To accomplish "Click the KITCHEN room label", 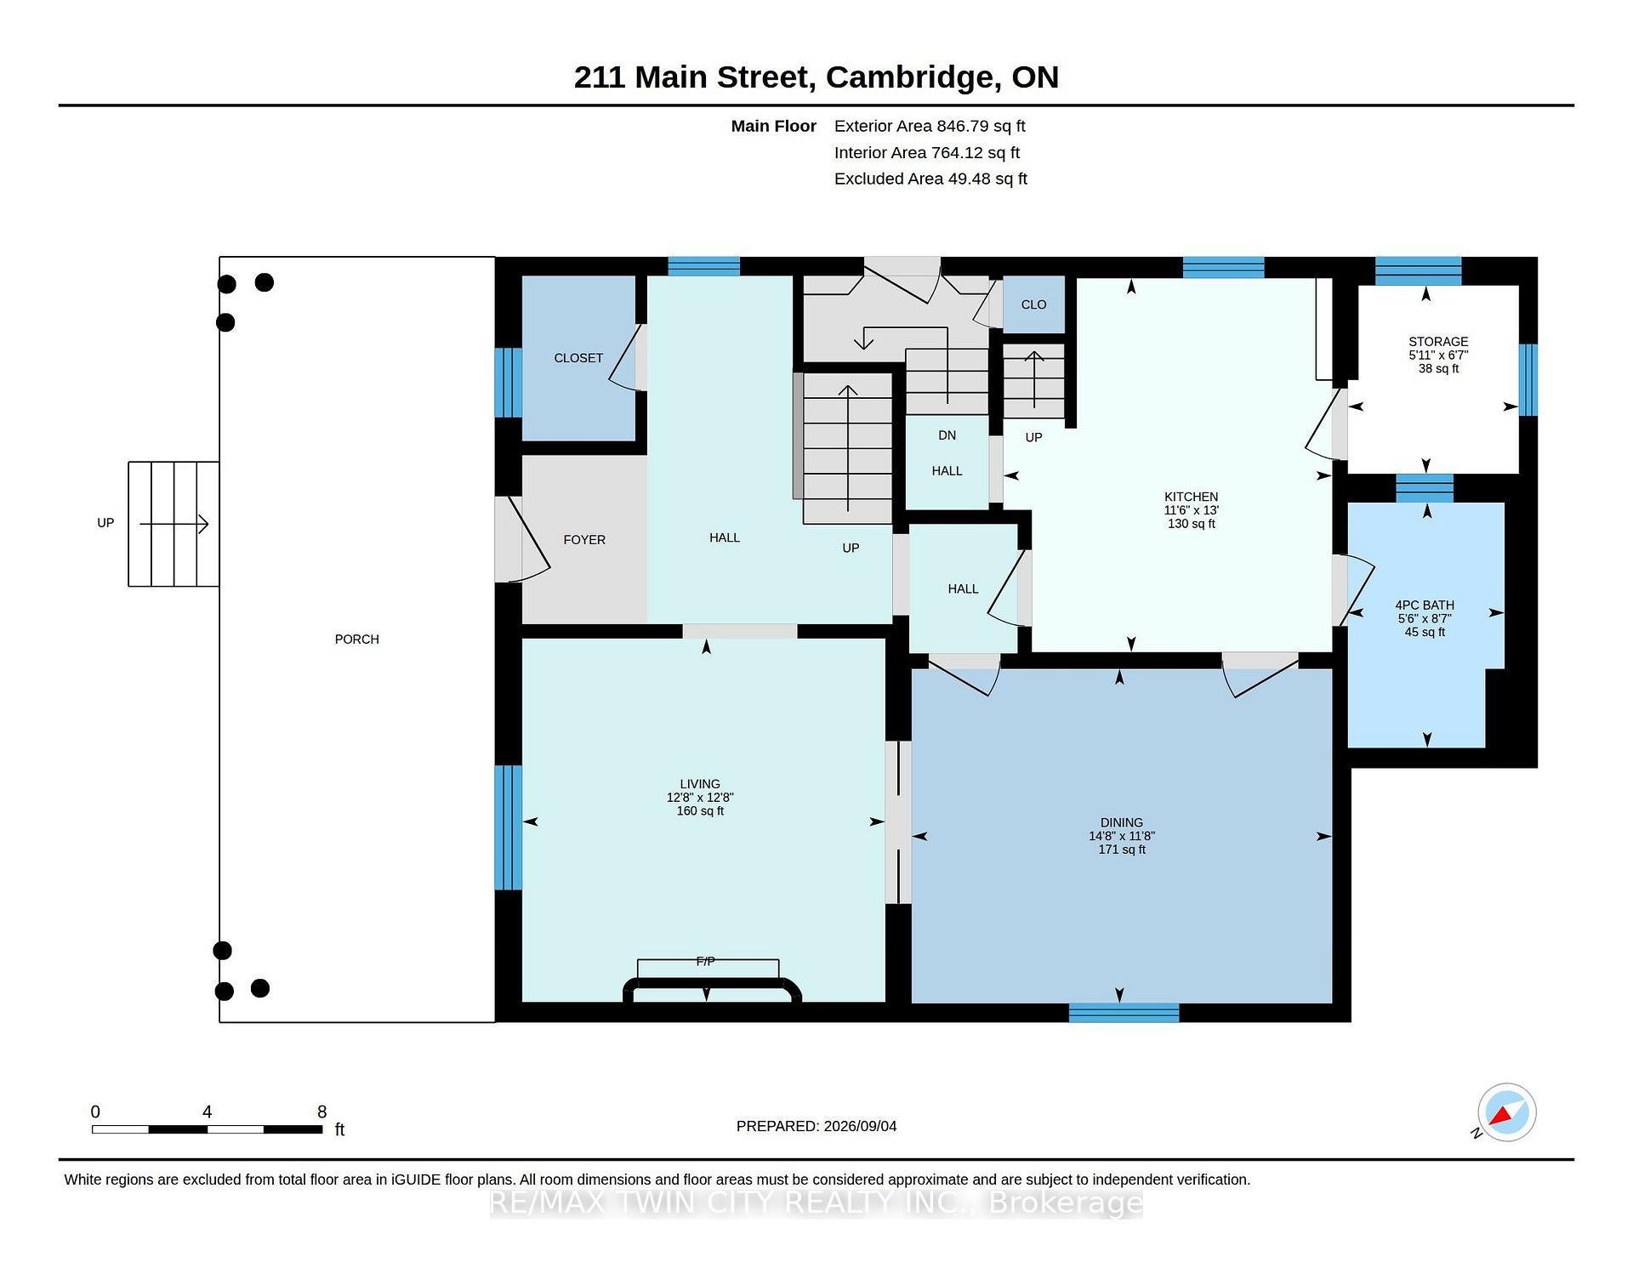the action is [1191, 497].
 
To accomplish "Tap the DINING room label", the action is [1121, 822].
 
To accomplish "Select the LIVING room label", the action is [700, 784].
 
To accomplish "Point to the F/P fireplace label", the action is [705, 961].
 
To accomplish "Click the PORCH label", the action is [356, 640].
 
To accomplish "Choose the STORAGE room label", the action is [1438, 342].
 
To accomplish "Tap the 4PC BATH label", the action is [1425, 605].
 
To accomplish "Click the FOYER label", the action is [584, 540].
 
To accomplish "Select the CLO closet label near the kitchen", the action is [1033, 304].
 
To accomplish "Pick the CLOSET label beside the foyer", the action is [578, 358].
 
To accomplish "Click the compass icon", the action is [1506, 1112].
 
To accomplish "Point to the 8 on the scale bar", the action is [321, 1111].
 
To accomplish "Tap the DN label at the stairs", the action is [947, 435].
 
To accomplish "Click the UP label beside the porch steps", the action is [105, 523].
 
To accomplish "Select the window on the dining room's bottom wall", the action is [1124, 1012].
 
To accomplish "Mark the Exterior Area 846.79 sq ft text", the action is [930, 126].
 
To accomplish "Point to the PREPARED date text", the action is [816, 1126].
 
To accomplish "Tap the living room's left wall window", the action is [508, 827].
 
